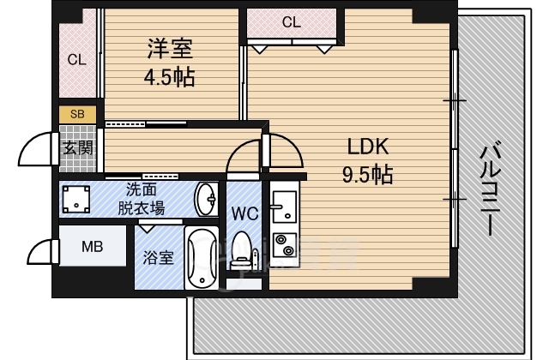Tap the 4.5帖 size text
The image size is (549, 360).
[168, 78]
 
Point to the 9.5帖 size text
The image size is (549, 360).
[368, 175]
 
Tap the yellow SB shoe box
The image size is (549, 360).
[77, 114]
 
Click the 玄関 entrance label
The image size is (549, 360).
[77, 147]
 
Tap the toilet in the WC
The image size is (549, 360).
[243, 249]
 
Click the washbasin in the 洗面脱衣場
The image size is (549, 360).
[206, 200]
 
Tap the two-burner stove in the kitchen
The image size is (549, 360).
[282, 244]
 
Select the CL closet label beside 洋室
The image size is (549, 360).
[77, 60]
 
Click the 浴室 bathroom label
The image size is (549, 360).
[160, 257]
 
